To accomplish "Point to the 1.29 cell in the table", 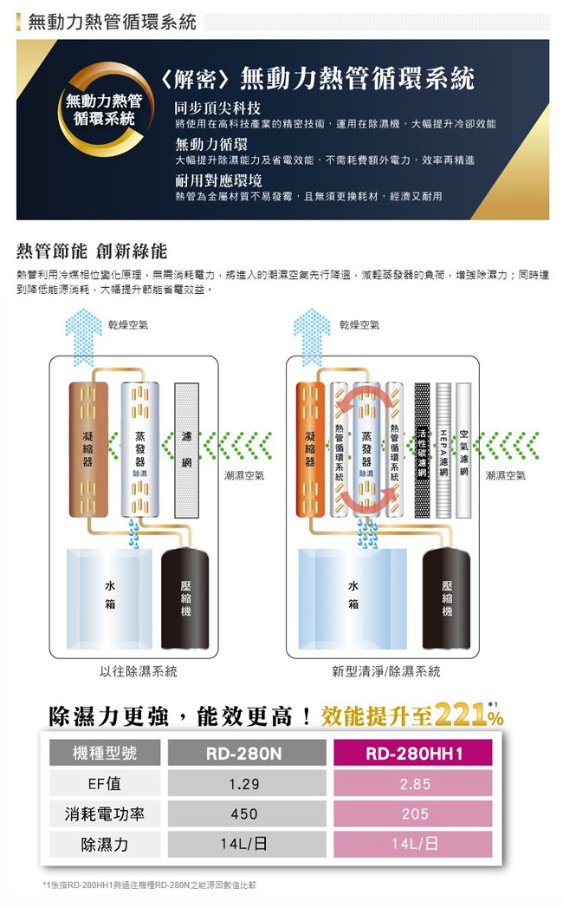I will pyautogui.click(x=244, y=784).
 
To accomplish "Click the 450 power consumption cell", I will pyautogui.click(x=244, y=814).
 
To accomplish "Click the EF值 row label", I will pyautogui.click(x=105, y=784).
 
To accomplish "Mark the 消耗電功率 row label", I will pyautogui.click(x=105, y=814).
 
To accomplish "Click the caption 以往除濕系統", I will pyautogui.click(x=139, y=671).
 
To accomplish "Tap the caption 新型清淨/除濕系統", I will pyautogui.click(x=385, y=671).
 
